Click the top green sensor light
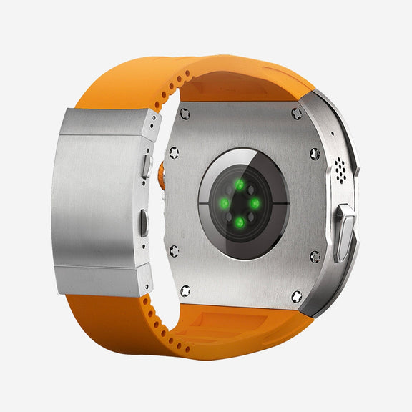point(240,185)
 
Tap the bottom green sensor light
point(240,222)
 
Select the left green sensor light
point(224,205)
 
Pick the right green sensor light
point(255,203)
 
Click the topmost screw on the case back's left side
point(185,113)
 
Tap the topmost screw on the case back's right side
point(297,113)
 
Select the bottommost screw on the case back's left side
point(185,290)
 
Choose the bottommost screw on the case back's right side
point(297,294)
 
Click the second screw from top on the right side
point(314,153)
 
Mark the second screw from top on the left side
point(172,152)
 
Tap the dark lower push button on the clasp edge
point(144,224)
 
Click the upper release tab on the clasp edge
point(147,166)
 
